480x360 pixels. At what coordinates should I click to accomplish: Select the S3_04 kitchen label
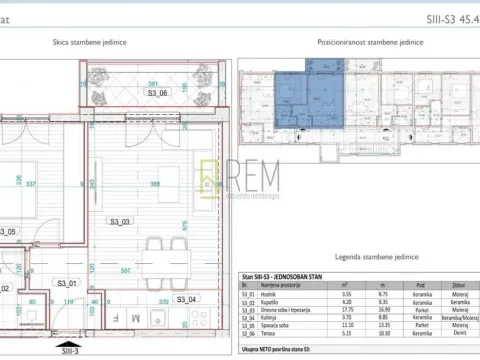point(186,298)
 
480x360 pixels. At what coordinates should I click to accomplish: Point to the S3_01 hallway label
point(68,283)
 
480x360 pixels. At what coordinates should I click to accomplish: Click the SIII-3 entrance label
point(68,352)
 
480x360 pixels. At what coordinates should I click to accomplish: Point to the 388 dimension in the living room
point(154,183)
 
